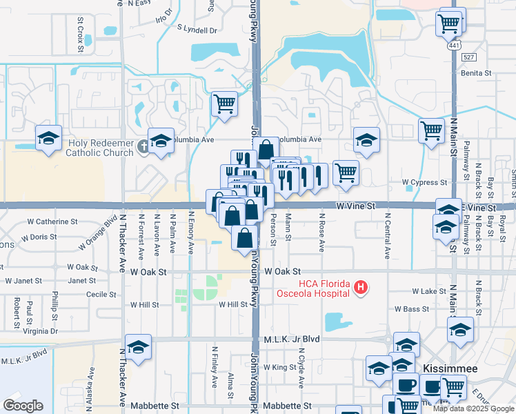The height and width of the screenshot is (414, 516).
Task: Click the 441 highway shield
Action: tap(453, 45)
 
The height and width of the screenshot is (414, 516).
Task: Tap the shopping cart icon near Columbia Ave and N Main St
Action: tap(431, 129)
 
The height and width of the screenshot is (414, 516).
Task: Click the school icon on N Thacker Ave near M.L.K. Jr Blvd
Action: tap(138, 348)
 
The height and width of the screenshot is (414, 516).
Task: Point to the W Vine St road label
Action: tap(355, 206)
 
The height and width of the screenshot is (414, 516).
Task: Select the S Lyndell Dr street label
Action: tap(197, 30)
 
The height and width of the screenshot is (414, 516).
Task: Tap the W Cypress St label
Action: tap(425, 183)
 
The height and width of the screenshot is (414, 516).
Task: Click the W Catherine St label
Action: tap(52, 222)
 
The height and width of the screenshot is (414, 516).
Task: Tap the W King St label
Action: tap(279, 368)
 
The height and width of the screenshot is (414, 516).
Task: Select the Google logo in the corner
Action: tap(23, 406)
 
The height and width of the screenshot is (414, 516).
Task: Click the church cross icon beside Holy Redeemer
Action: tap(143, 145)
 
